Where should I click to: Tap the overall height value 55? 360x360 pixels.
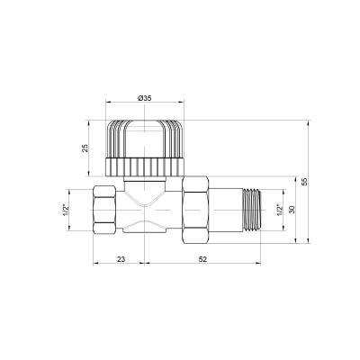(x=306, y=181)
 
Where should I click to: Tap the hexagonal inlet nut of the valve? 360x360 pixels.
(x=106, y=209)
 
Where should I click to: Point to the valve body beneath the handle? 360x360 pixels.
(x=144, y=209)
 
